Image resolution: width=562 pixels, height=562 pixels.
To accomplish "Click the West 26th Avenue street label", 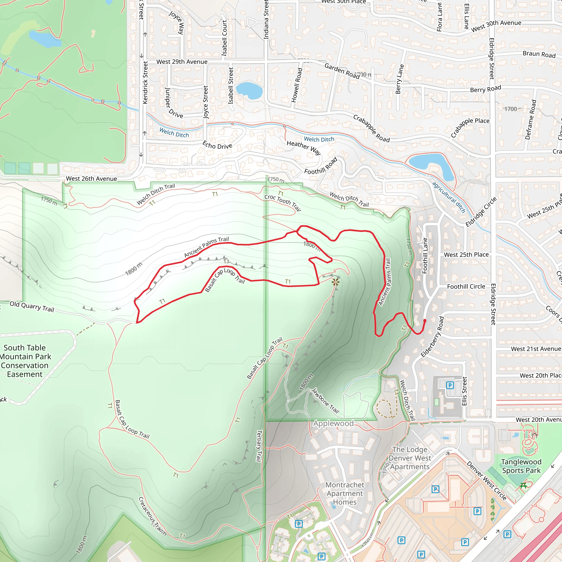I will click(91, 179).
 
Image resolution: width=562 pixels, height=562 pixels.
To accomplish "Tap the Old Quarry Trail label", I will click(32, 307).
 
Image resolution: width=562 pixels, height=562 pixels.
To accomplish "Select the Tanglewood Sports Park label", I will click(521, 466).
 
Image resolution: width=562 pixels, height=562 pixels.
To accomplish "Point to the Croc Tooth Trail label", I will click(282, 202).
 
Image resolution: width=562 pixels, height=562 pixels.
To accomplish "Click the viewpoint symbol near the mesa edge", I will click(335, 282).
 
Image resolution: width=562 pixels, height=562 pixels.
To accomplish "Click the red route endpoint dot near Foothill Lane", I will click(425, 321).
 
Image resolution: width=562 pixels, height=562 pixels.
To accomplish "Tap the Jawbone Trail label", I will click(325, 401).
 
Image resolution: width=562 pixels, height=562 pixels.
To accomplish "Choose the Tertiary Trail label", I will click(259, 446).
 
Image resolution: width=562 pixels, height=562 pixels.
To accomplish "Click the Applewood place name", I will click(333, 423).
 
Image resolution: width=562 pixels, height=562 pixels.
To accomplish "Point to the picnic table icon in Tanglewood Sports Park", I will click(524, 485).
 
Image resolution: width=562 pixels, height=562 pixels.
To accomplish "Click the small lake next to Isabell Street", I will click(249, 90).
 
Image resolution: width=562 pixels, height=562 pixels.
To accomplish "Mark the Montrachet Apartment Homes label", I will click(345, 493).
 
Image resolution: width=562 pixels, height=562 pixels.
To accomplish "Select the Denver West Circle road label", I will click(487, 480).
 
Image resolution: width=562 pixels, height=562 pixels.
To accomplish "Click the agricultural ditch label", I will click(449, 197).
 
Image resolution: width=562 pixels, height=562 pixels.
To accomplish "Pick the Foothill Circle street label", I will click(466, 286).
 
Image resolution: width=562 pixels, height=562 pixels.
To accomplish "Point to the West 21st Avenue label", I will click(536, 349).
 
